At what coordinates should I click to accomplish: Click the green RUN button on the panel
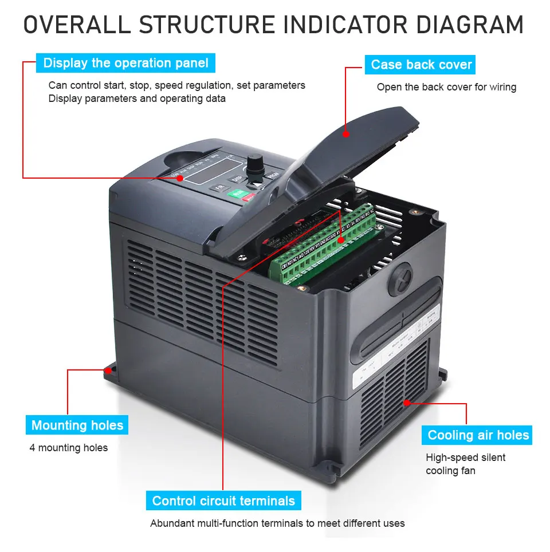[x=236, y=195]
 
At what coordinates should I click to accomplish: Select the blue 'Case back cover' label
[x=421, y=65]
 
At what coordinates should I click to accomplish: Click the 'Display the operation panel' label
[x=125, y=63]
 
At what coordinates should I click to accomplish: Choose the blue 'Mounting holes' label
[x=77, y=425]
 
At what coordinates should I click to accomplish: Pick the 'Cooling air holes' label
[x=478, y=435]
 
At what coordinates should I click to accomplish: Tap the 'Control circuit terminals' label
[x=223, y=501]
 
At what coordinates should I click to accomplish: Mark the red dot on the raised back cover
[x=345, y=134]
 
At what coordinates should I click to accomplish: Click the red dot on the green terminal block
[x=341, y=241]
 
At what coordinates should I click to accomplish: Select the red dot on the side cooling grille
[x=407, y=403]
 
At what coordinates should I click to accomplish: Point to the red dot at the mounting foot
[x=107, y=370]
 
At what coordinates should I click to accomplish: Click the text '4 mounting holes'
[x=68, y=448]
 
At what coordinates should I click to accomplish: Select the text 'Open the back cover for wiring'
[x=446, y=87]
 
